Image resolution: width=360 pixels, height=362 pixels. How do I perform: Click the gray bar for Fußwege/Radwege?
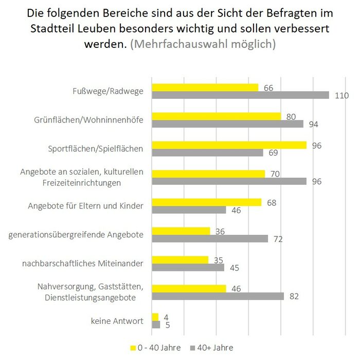click(x=240, y=95)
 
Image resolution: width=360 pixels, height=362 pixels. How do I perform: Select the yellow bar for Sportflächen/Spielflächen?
click(x=229, y=145)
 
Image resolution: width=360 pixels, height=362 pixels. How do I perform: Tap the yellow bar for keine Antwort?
click(x=155, y=317)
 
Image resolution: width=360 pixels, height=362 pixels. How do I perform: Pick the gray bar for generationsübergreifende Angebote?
click(x=210, y=238)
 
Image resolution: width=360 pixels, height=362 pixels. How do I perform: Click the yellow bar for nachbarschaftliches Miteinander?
click(x=180, y=260)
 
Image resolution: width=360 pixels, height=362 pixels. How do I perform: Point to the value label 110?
click(x=341, y=96)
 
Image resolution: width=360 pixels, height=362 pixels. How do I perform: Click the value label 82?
click(x=294, y=296)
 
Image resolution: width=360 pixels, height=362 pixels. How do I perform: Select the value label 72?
click(x=278, y=239)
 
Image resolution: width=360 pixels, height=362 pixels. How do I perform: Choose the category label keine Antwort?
click(x=117, y=321)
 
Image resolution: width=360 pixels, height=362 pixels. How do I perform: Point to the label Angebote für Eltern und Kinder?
click(x=85, y=206)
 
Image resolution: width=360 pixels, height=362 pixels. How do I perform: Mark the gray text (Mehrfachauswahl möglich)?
click(x=203, y=44)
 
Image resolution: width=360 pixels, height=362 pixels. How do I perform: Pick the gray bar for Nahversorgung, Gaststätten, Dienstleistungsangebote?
click(x=218, y=296)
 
